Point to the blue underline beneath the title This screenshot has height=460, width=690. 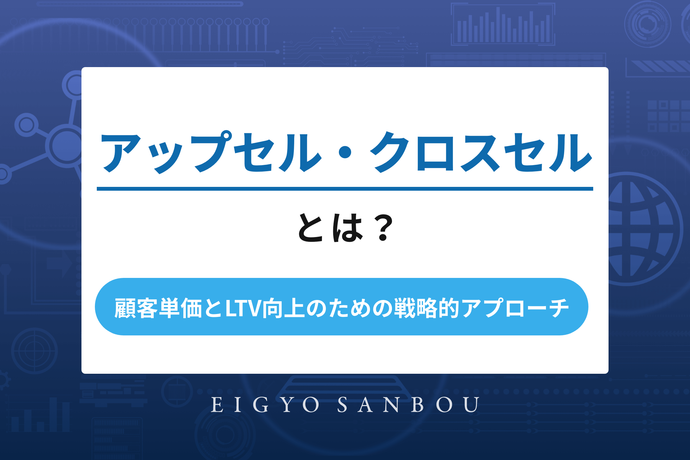(x=345, y=189)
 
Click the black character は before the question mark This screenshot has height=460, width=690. (x=348, y=227)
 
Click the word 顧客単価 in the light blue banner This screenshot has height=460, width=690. (x=158, y=308)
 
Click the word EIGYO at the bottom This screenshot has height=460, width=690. (x=265, y=405)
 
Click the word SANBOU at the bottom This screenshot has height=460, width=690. (x=409, y=405)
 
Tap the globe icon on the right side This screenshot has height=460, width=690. (x=642, y=229)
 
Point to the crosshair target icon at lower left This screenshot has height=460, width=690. (x=34, y=351)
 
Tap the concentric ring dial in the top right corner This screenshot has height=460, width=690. (x=648, y=24)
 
